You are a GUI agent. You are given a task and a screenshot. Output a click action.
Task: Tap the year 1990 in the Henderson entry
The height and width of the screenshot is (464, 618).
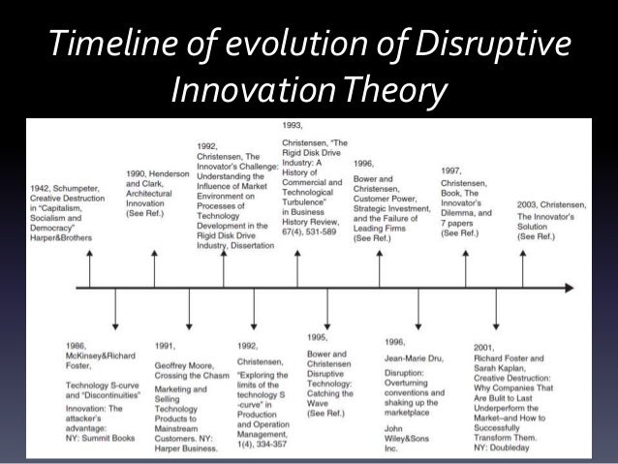(x=139, y=174)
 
